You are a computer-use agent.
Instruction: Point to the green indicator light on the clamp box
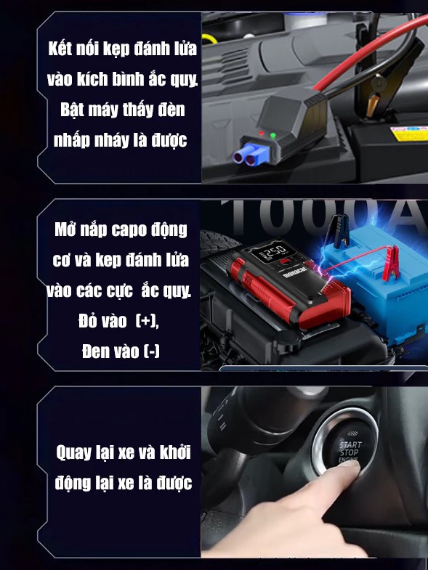(x=272, y=135)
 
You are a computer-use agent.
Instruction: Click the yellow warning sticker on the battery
(x=407, y=134)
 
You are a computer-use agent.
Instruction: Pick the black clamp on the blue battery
(x=337, y=232)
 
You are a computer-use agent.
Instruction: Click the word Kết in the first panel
(x=61, y=49)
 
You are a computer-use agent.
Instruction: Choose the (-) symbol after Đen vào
(x=151, y=351)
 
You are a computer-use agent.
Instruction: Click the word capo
(x=131, y=231)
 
